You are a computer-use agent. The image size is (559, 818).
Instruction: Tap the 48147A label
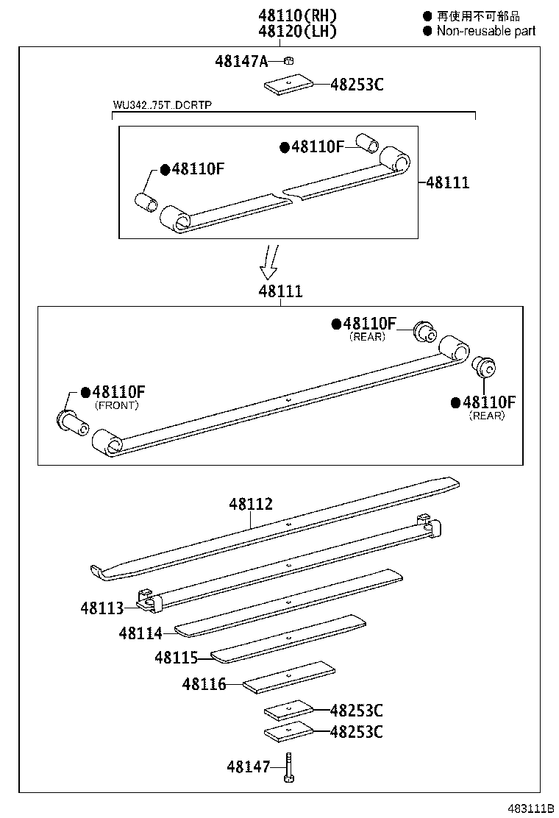[x=241, y=61]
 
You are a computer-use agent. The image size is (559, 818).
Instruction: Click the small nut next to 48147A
[x=290, y=61]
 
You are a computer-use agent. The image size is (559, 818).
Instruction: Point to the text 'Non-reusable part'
[x=486, y=31]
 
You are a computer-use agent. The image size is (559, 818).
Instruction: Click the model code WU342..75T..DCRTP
[x=162, y=105]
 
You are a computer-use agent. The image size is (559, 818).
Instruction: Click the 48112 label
[x=251, y=504]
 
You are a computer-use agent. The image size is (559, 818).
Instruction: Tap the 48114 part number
[x=140, y=633]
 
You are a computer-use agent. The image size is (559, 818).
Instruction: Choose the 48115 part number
[x=177, y=657]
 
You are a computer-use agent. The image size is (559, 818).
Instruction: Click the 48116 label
[x=204, y=684]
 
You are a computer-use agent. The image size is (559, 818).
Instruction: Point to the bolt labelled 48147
[x=290, y=767]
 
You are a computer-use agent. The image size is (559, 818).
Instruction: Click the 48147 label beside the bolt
[x=249, y=767]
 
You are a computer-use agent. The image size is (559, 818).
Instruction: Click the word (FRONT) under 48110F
[x=116, y=405]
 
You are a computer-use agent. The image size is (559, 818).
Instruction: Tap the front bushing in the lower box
[x=72, y=422]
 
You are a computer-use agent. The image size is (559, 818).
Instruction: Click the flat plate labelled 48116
[x=289, y=677]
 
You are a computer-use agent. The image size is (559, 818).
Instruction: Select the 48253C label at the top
[x=357, y=84]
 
